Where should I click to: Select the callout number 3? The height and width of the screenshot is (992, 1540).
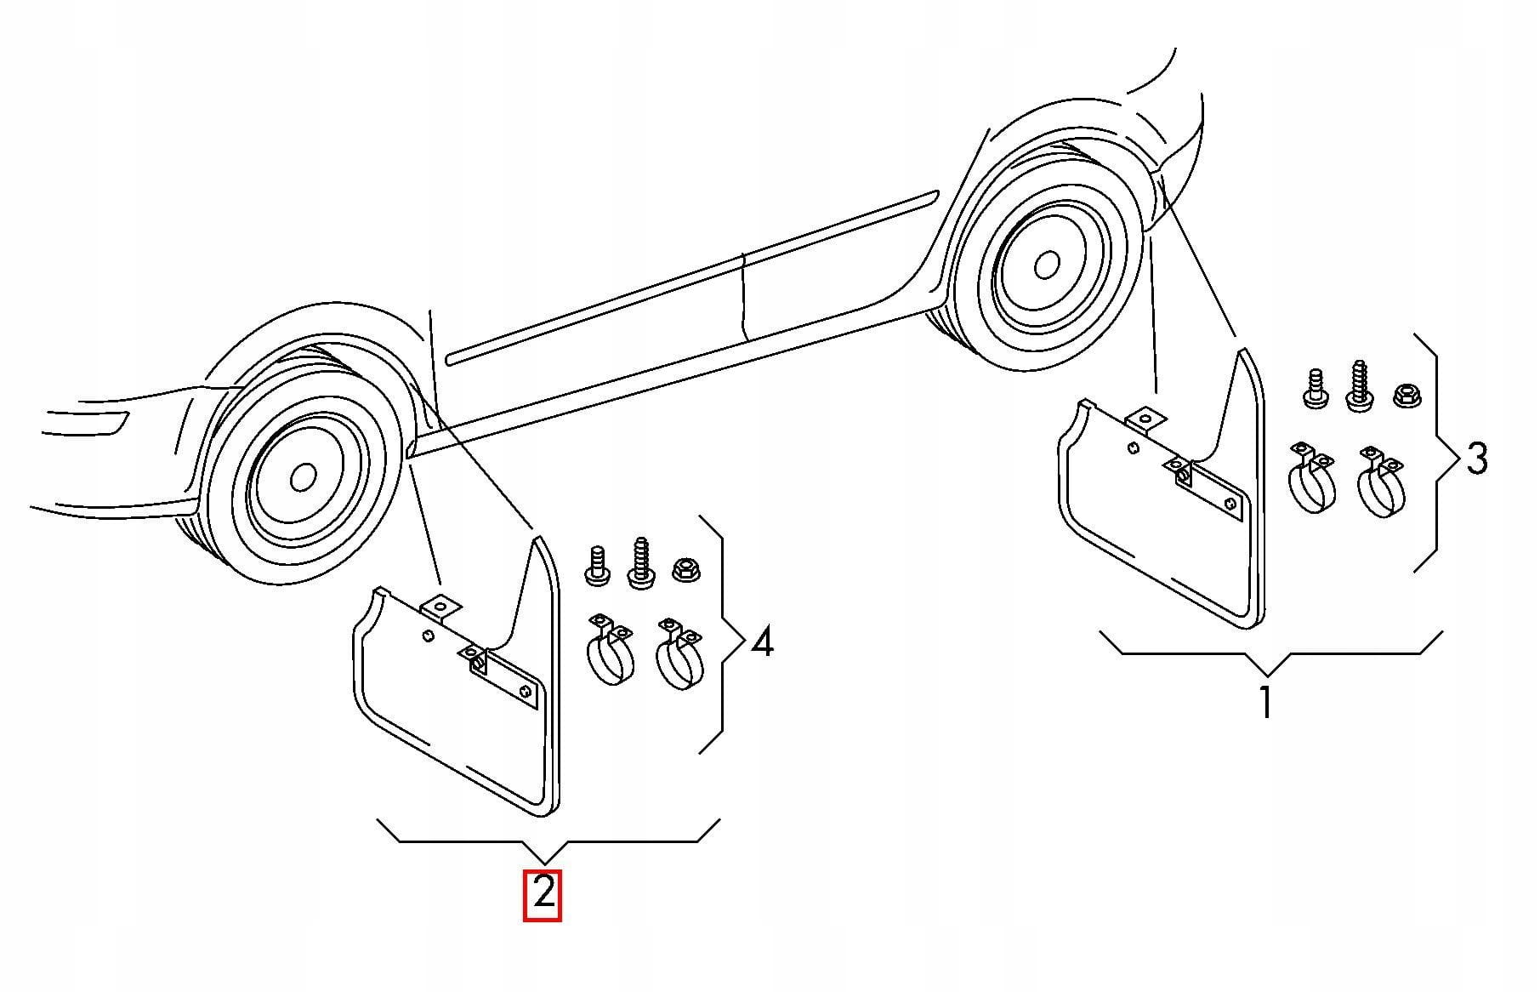[1477, 459]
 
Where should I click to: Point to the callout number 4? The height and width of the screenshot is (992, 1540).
[763, 641]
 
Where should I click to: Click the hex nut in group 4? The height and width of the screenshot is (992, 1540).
[685, 568]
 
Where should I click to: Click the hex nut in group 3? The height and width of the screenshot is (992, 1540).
[1406, 396]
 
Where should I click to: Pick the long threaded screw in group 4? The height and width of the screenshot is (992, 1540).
[640, 562]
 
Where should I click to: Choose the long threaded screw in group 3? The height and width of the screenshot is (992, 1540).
[1359, 386]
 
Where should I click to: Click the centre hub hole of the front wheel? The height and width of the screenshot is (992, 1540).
[303, 477]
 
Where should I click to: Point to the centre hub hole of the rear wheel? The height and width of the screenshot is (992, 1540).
[1047, 265]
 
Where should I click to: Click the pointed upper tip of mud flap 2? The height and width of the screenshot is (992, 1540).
[536, 536]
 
